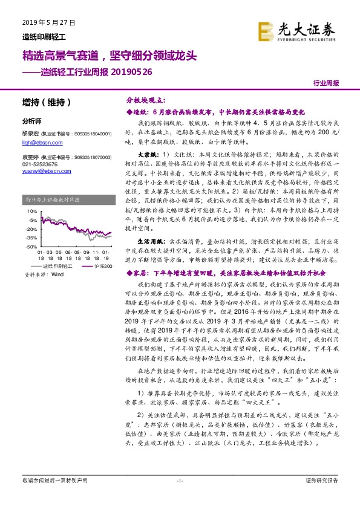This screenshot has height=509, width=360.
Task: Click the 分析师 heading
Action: point(31,120)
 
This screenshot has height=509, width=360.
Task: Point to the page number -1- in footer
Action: point(179,497)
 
